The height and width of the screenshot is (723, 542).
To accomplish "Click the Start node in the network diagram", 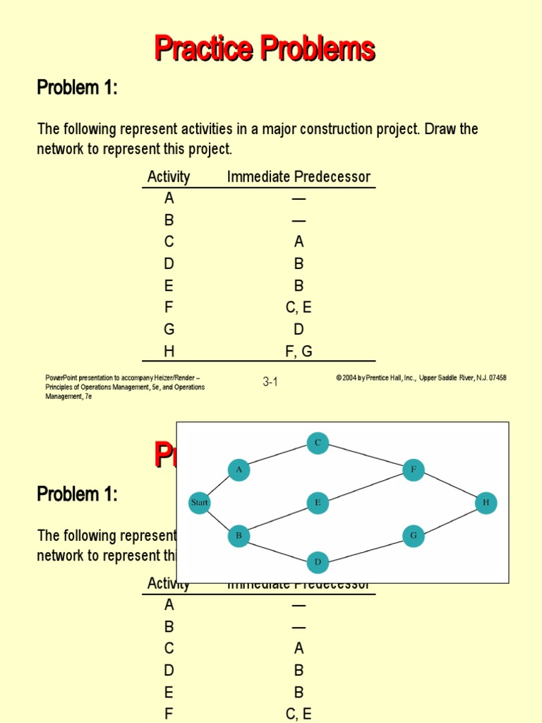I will point(200,503).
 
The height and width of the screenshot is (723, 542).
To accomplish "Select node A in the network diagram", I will point(239,470).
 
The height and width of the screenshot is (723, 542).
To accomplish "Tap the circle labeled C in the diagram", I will point(318,443).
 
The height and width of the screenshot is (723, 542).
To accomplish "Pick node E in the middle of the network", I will point(318,503).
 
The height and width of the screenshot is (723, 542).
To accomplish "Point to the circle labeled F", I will point(414,470).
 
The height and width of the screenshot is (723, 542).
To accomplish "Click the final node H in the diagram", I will point(486,503).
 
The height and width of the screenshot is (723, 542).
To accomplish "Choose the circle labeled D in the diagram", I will point(318,562).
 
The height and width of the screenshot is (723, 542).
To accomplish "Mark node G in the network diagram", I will point(414,536).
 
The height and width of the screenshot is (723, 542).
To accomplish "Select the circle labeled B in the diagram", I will point(239,536).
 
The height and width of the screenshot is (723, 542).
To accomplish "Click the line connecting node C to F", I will point(366,456).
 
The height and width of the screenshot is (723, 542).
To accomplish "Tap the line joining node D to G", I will point(366,549).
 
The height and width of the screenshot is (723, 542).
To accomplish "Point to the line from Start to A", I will point(219,486).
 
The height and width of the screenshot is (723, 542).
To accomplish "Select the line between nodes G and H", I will point(450,520).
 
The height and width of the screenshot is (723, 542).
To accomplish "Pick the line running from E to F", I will point(366,486).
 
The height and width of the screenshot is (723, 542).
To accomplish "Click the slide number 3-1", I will point(270,382).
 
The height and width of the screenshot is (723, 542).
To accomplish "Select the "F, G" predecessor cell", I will point(299,351).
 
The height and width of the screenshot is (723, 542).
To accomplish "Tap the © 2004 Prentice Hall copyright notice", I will point(421,378).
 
